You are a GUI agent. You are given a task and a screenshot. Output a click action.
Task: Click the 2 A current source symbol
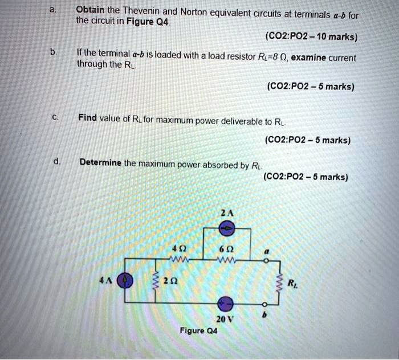(227, 228)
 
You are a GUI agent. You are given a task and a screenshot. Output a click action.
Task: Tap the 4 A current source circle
(127, 280)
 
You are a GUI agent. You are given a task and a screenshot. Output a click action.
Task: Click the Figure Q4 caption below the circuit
(198, 330)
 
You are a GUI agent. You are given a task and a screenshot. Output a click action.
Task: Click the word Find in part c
(88, 118)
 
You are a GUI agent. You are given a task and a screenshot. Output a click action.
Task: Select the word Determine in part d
(100, 162)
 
